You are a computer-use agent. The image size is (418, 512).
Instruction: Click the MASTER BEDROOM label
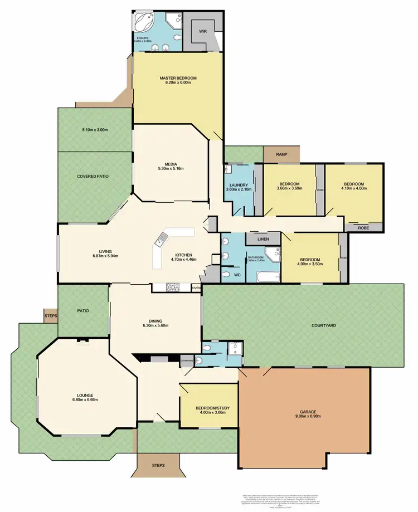[178, 78]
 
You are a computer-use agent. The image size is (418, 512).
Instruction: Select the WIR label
[203, 32]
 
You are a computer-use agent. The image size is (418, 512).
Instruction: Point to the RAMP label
[281, 154]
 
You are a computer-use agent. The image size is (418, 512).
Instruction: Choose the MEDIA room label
[171, 164]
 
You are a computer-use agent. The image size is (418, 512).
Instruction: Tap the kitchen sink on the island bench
[161, 240]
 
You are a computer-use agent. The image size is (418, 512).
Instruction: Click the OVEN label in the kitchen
[196, 288]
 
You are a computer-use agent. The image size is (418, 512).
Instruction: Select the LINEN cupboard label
[263, 239]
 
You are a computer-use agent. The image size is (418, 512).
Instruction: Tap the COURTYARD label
[323, 325]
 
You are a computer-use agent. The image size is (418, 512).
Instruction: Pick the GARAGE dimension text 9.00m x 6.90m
[308, 416]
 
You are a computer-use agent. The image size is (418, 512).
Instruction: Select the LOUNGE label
[85, 394]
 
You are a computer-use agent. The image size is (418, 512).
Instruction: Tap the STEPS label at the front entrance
[158, 465]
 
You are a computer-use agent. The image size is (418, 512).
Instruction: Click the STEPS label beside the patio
[49, 316]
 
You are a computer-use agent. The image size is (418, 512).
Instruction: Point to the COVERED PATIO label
[93, 176]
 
